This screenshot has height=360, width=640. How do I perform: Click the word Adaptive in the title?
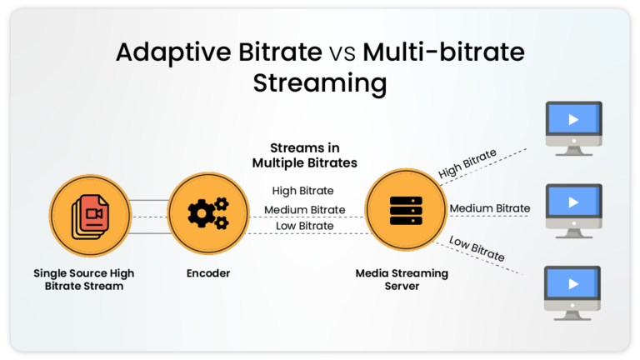pos(169,52)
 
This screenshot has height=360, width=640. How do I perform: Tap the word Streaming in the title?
pos(320,83)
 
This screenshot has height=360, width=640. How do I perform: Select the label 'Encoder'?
pos(207,273)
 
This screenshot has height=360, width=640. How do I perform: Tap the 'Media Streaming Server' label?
pos(402,279)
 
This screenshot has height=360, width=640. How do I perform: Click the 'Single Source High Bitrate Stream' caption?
pos(83,279)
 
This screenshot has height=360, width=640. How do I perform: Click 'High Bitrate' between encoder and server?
pos(302,191)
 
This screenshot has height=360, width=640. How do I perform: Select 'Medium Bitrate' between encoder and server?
pos(305,209)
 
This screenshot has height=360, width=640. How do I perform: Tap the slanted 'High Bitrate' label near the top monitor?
pos(467,163)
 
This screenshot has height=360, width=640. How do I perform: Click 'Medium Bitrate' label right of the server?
pos(489,208)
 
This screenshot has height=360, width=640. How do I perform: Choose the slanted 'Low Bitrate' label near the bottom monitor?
pos(477,248)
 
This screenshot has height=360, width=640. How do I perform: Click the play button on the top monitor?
pos(572,120)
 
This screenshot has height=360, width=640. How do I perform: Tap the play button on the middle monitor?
pos(572,202)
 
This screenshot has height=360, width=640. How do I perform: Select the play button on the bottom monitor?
pos(572,284)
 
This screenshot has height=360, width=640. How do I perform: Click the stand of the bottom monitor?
pos(572,312)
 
